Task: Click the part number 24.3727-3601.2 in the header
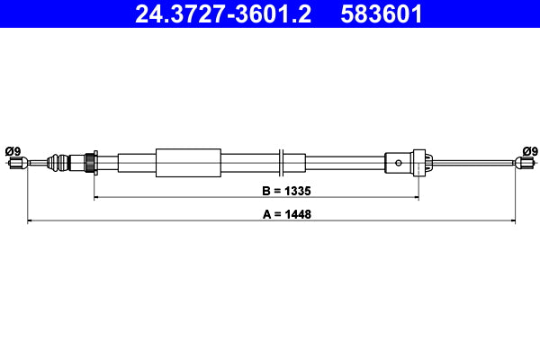pyautogui.click(x=222, y=14)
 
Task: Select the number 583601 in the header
pyautogui.click(x=382, y=14)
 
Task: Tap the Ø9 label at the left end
pyautogui.click(x=13, y=150)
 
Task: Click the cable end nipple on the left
pyautogui.click(x=15, y=163)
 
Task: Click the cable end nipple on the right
pyautogui.click(x=526, y=163)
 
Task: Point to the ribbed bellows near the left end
pyautogui.click(x=58, y=163)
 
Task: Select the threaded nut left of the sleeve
pyautogui.click(x=89, y=163)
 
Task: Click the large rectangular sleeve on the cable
pyautogui.click(x=188, y=163)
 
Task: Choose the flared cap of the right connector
pyautogui.click(x=427, y=163)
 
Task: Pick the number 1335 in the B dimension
pyautogui.click(x=296, y=192)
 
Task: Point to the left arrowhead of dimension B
pyautogui.click(x=96, y=197)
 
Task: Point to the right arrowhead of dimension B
pyautogui.click(x=415, y=197)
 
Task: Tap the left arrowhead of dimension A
pyautogui.click(x=31, y=219)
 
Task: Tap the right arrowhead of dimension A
pyautogui.click(x=513, y=219)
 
